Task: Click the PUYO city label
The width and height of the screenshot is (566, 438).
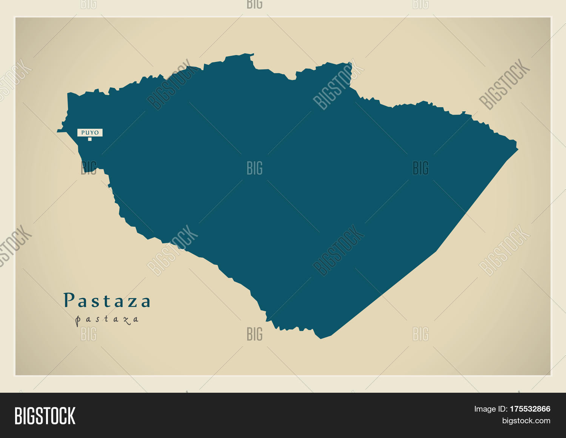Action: tap(90, 132)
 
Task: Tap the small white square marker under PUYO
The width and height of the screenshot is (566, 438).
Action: tap(90, 139)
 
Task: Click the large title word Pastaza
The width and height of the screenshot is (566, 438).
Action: tap(107, 301)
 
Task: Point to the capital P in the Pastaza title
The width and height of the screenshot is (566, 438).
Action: tap(69, 300)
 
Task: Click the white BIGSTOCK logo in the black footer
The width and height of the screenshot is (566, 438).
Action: tap(45, 416)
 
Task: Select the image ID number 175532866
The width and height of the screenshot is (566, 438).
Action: tap(530, 409)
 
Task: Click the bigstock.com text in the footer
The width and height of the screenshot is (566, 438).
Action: tap(526, 421)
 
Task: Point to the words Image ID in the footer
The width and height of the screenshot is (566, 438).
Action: tap(490, 409)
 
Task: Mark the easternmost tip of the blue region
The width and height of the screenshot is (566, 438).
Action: tap(518, 149)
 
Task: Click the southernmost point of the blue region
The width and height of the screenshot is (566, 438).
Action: tap(321, 338)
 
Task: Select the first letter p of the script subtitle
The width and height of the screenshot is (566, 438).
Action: tap(78, 321)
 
